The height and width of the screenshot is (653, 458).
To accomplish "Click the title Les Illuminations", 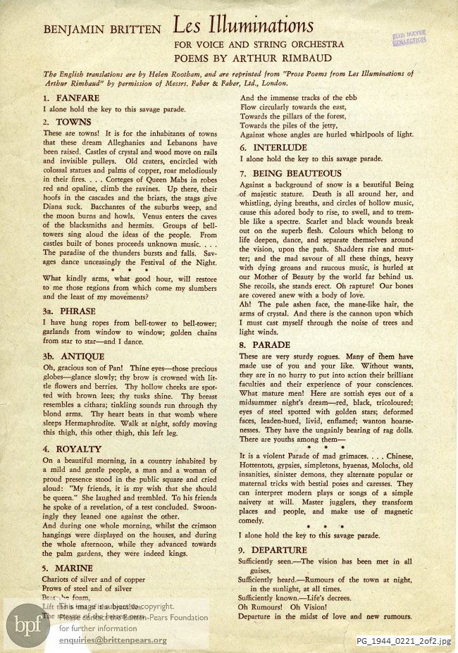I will (243, 27).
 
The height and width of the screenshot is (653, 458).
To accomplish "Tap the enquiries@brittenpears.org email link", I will (113, 640).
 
